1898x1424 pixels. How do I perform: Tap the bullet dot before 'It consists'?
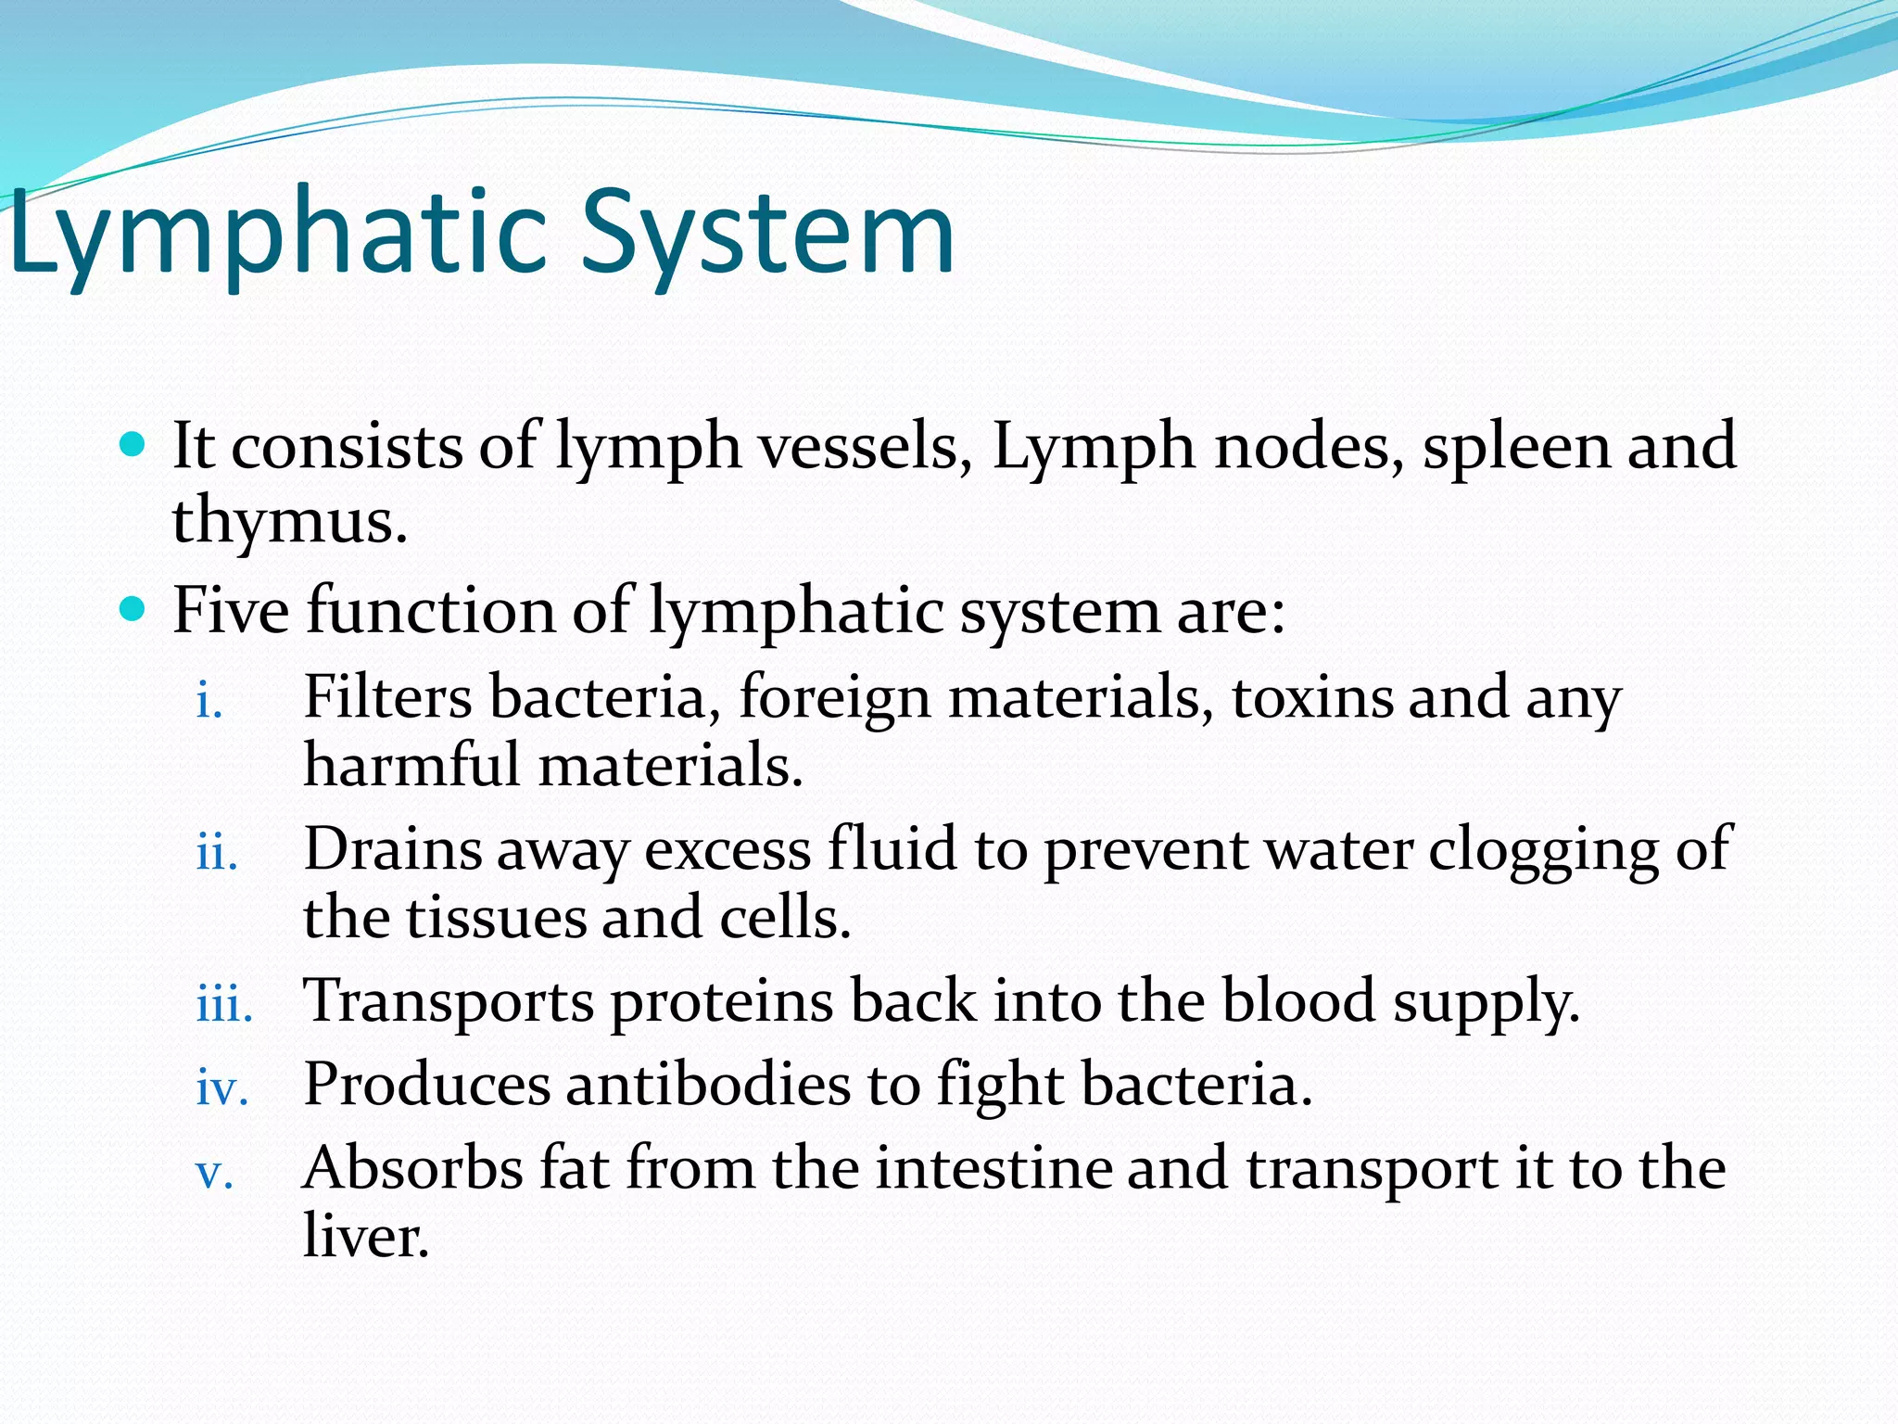coord(133,445)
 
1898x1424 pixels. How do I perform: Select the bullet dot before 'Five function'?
coord(133,609)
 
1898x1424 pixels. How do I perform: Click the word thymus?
coord(287,521)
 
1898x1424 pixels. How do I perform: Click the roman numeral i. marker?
coord(209,701)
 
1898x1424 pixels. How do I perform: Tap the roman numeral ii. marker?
coord(217,853)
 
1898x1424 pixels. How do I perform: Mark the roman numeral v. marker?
coord(214,1174)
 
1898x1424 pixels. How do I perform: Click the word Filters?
coord(388,697)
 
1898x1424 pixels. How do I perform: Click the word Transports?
coord(449,1003)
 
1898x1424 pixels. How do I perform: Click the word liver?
coord(365,1237)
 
